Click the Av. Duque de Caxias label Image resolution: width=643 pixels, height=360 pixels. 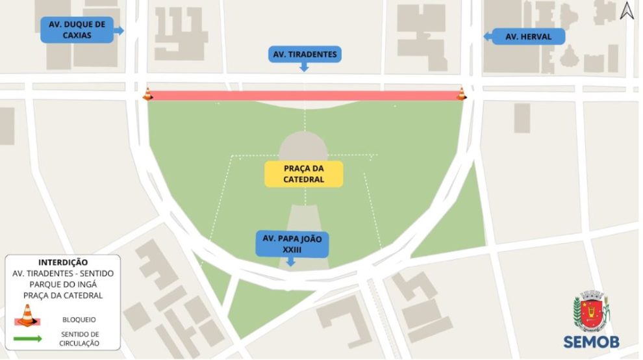coord(77,30)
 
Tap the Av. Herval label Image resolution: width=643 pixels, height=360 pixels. coord(528,37)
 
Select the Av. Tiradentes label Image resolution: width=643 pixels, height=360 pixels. coord(305,55)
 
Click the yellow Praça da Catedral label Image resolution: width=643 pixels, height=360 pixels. coord(303,174)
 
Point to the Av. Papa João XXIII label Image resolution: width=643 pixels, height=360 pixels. coord(292,243)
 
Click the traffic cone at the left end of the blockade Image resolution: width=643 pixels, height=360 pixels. coord(147,94)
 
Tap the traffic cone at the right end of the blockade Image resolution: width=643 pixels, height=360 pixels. coord(461,94)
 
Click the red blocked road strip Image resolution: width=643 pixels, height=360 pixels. coord(304,96)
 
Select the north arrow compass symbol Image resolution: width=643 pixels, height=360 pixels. coord(626,11)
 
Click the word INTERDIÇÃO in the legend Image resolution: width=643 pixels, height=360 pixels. coord(63,263)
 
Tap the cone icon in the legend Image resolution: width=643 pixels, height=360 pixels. coord(27,315)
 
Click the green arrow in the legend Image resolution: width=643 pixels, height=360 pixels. coord(27,339)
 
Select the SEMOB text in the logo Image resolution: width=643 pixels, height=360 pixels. coord(591,342)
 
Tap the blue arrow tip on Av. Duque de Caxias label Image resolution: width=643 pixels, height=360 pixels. coord(121,30)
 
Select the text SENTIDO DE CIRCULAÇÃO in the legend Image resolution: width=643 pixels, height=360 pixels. coord(81,339)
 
